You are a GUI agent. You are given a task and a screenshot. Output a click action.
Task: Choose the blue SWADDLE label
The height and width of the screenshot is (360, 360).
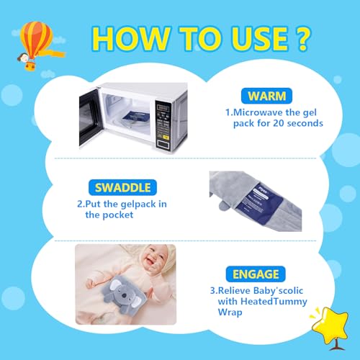click(123, 187)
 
